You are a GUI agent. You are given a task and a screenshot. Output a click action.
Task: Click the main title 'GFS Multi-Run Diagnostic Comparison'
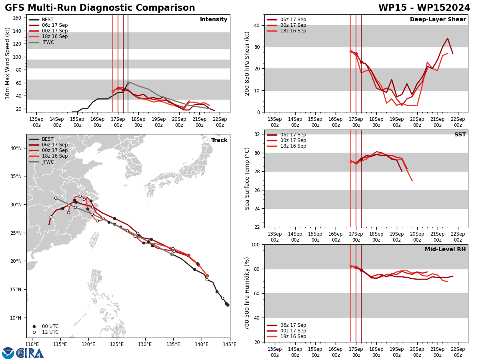[x=100, y=8]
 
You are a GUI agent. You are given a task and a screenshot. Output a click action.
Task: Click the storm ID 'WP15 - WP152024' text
[x=424, y=8]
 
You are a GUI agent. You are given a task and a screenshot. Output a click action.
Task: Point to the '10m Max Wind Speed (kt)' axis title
[x=8, y=63]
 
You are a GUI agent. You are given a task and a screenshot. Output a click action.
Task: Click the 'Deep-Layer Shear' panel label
[x=438, y=20]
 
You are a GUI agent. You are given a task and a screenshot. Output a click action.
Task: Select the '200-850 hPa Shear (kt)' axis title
[x=247, y=63]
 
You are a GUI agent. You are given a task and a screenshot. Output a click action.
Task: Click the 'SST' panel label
[x=460, y=135]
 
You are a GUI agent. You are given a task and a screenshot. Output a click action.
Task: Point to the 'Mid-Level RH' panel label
[x=445, y=250]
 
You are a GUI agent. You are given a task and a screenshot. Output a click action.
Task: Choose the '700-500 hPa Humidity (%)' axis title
[x=247, y=293]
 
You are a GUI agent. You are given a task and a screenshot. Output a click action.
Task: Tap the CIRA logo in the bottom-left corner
[x=23, y=353]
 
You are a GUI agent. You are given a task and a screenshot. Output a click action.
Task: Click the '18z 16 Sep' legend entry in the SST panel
[x=293, y=146]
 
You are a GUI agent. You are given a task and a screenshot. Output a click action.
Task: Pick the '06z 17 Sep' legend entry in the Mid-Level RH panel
[x=293, y=325]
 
